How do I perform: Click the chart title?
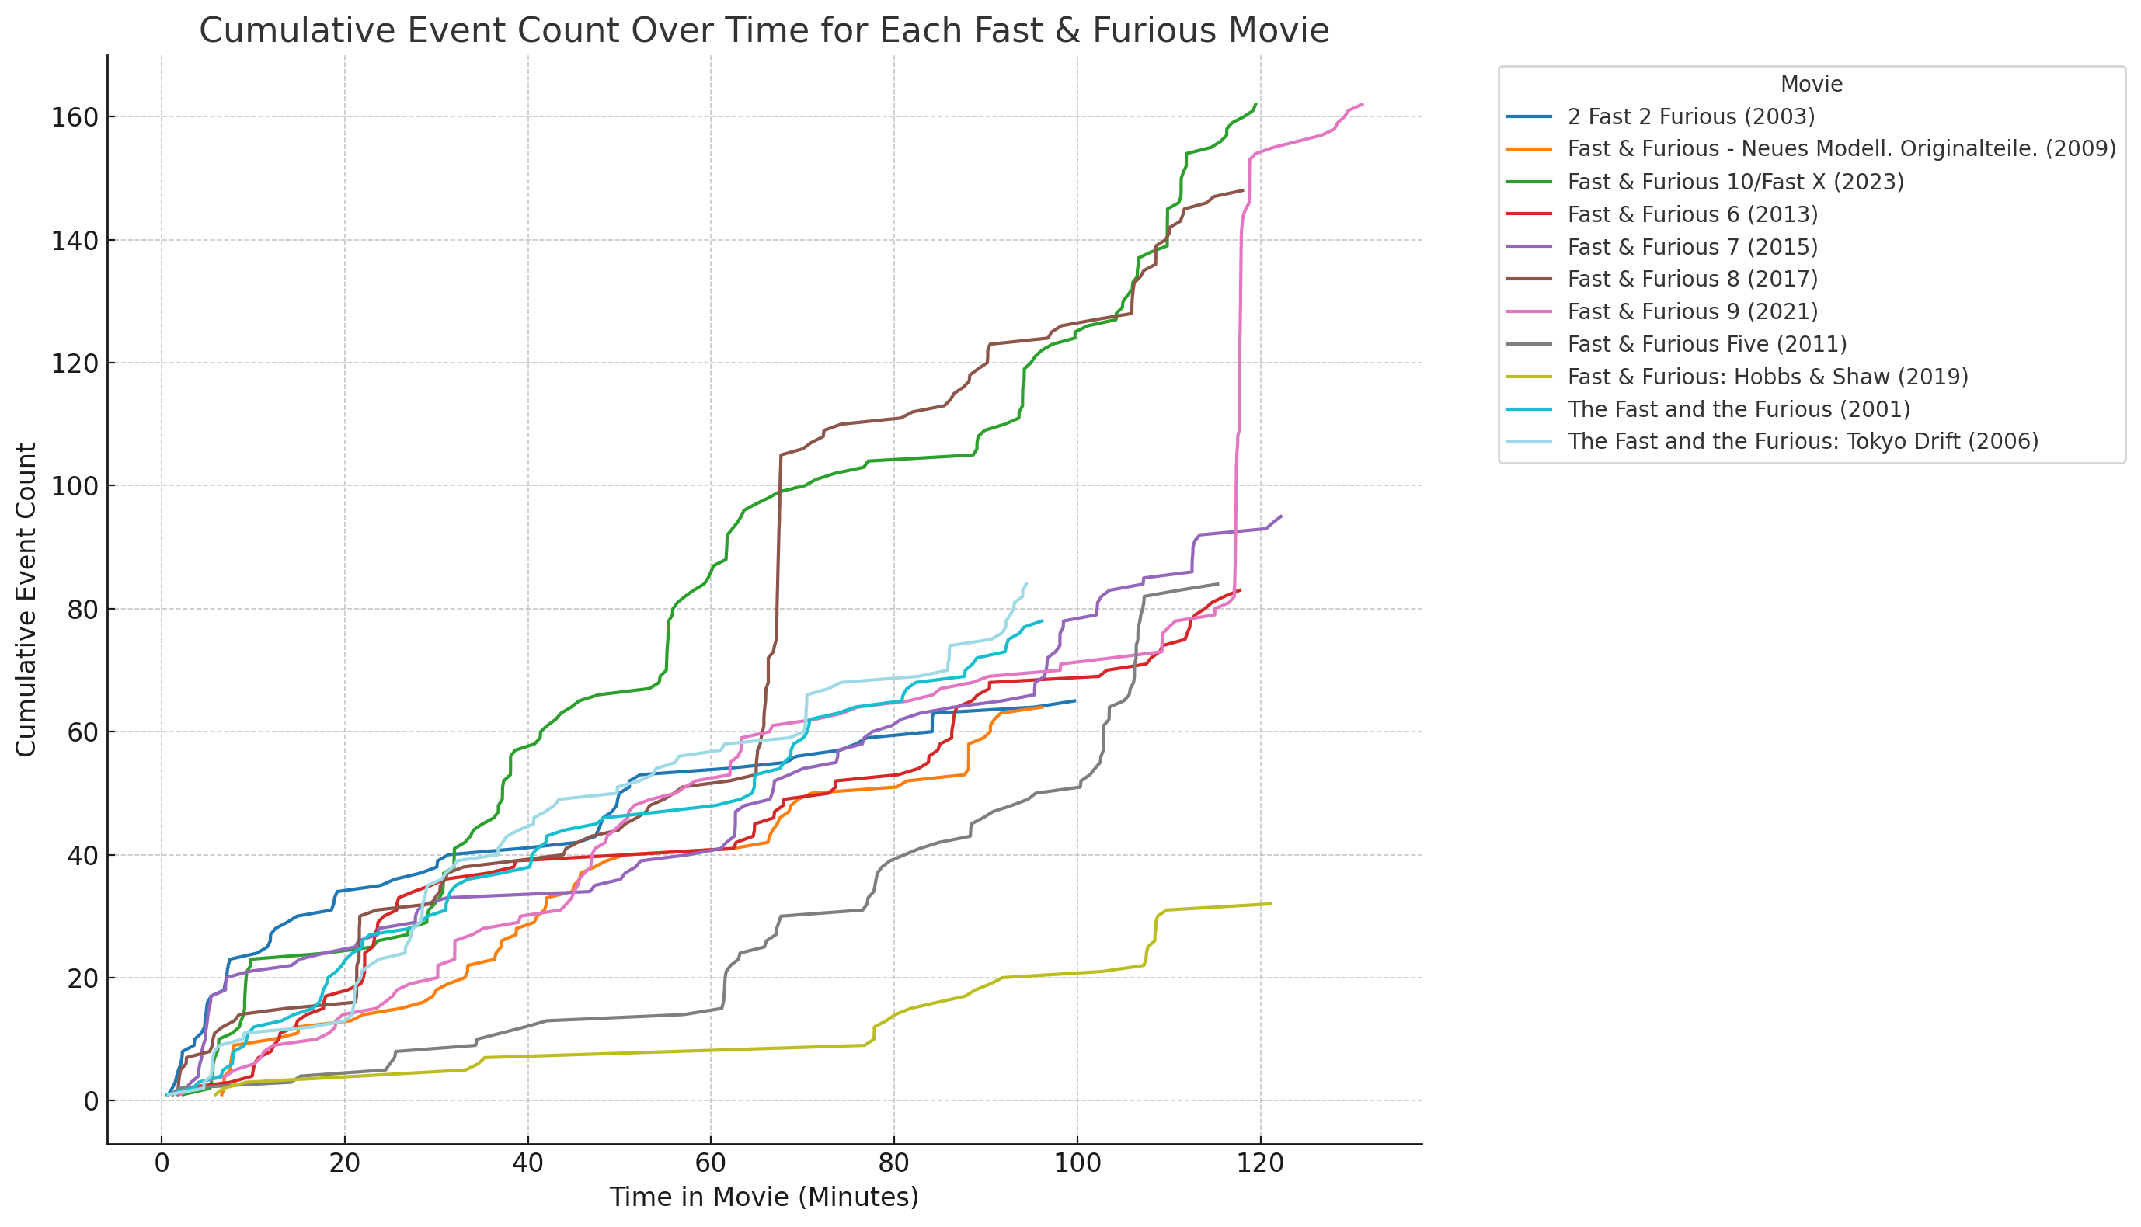pyautogui.click(x=764, y=31)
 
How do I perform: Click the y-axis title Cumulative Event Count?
pyautogui.click(x=26, y=600)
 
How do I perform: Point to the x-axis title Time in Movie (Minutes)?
pyautogui.click(x=764, y=1197)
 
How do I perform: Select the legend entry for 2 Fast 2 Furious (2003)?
pyautogui.click(x=1691, y=116)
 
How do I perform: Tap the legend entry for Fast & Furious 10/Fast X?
pyautogui.click(x=1735, y=182)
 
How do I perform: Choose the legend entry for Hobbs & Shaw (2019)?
pyautogui.click(x=1767, y=377)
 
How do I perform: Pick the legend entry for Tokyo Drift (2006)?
pyautogui.click(x=1803, y=442)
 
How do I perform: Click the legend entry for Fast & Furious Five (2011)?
pyautogui.click(x=1707, y=344)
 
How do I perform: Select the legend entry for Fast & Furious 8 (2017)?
pyautogui.click(x=1693, y=279)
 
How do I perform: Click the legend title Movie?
pyautogui.click(x=1812, y=85)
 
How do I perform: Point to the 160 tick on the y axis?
pyautogui.click(x=74, y=117)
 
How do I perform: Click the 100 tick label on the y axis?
pyautogui.click(x=74, y=486)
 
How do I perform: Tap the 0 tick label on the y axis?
pyautogui.click(x=90, y=1101)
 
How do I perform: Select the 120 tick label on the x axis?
pyautogui.click(x=1260, y=1164)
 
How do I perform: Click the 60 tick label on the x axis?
pyautogui.click(x=711, y=1164)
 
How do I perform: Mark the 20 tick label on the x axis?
pyautogui.click(x=345, y=1164)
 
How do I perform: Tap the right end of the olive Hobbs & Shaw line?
pyautogui.click(x=1270, y=904)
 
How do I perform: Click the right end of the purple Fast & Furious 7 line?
pyautogui.click(x=1281, y=516)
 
